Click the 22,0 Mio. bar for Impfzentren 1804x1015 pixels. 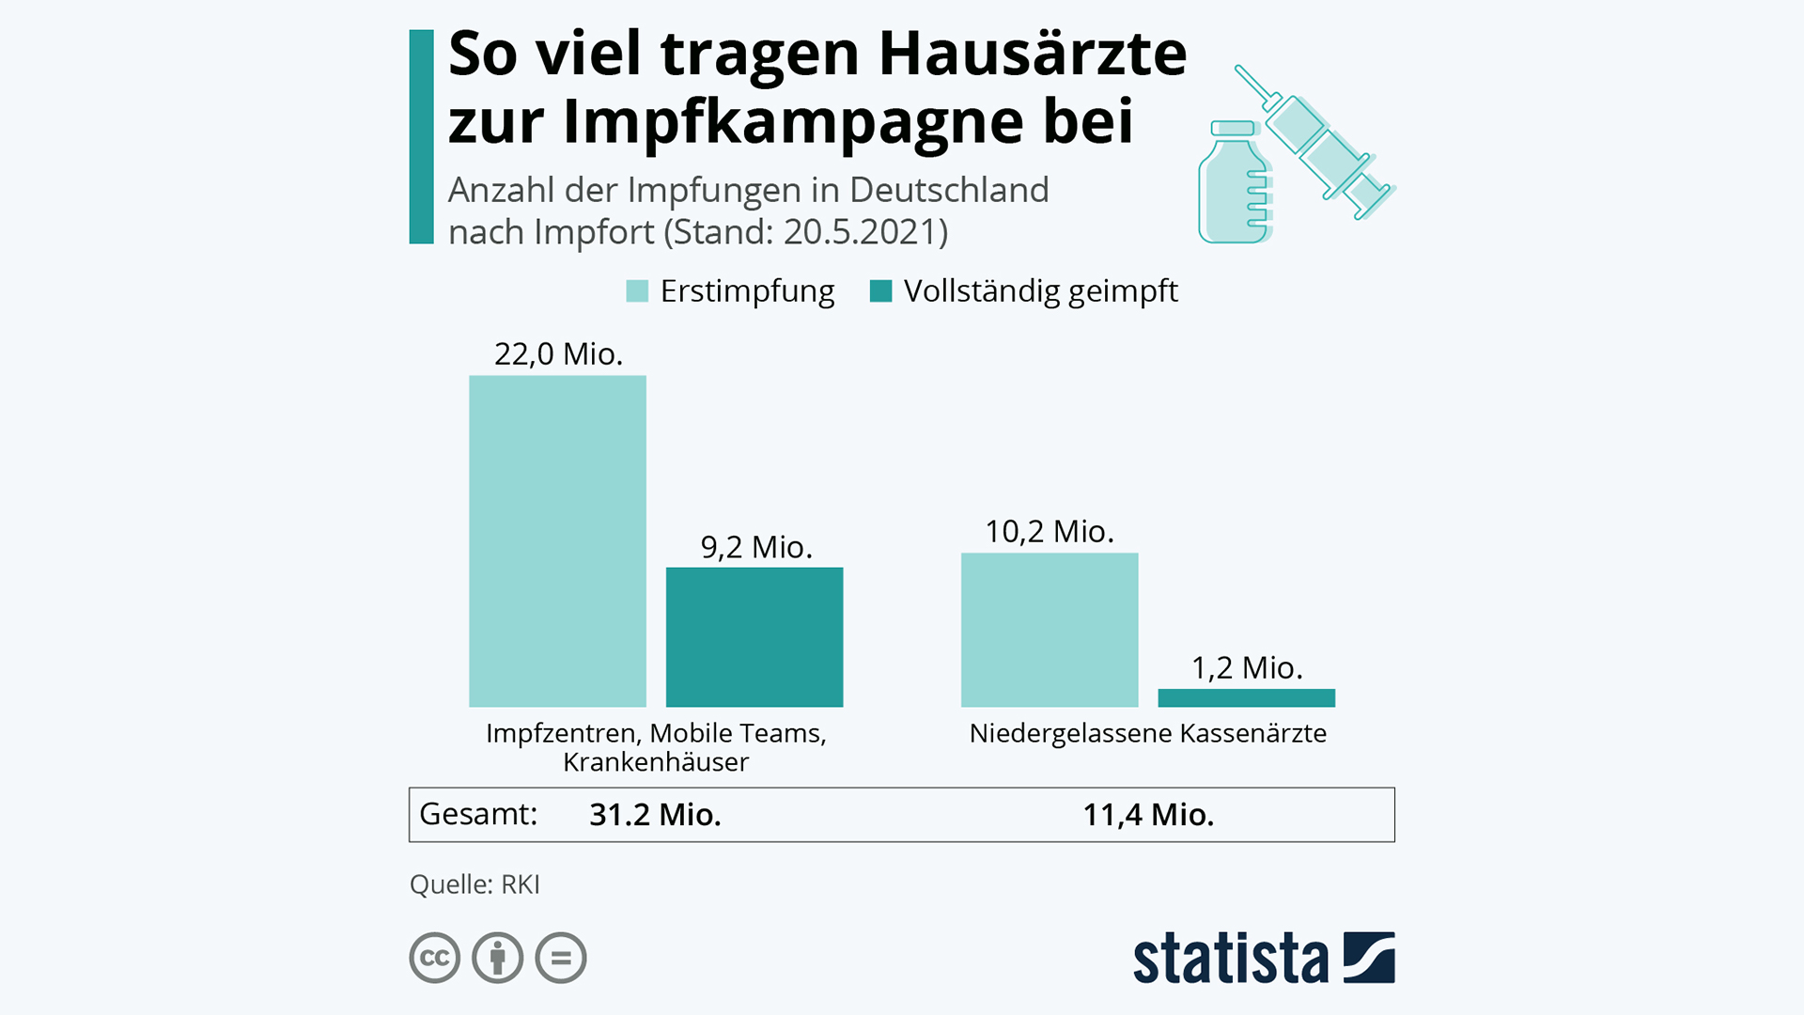(x=557, y=540)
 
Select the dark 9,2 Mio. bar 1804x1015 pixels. (x=754, y=636)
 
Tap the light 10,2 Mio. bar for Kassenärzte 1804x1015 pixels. (x=1050, y=630)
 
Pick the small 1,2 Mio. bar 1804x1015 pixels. (x=1246, y=697)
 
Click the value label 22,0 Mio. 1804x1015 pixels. (x=558, y=354)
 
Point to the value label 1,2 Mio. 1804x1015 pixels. (x=1247, y=667)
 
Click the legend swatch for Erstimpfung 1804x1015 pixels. (x=637, y=291)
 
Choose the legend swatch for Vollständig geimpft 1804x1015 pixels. (x=880, y=291)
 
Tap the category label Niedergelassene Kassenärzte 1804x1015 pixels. (x=1147, y=733)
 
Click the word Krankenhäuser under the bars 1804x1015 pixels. (x=656, y=762)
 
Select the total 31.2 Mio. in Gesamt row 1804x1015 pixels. (x=655, y=815)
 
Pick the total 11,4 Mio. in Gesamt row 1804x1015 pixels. (x=1148, y=815)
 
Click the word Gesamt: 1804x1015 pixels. (x=478, y=814)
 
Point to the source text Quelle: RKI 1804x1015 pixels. (x=474, y=884)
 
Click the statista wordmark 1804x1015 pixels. (x=1230, y=959)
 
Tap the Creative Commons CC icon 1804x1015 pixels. (x=435, y=958)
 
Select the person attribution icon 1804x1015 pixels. (x=498, y=958)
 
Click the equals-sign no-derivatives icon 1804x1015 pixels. (x=561, y=958)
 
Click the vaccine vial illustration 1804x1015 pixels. (x=1234, y=182)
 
